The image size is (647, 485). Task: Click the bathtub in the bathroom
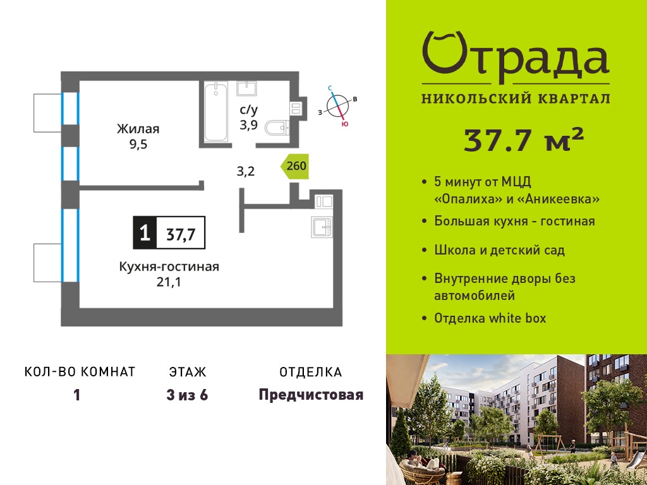[216, 111]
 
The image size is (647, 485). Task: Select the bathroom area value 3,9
[249, 124]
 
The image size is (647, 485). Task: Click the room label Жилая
[138, 129]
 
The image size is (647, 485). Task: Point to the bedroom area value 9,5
[138, 145]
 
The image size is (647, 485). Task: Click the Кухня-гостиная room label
[169, 266]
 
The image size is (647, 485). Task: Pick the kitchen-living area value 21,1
[169, 282]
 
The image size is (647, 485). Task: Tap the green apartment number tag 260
[295, 166]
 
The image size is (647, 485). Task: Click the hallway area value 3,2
[246, 171]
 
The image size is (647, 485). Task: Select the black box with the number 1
[145, 232]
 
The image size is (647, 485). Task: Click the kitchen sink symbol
[322, 227]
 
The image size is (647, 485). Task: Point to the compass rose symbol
[338, 105]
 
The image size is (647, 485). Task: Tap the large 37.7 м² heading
[524, 140]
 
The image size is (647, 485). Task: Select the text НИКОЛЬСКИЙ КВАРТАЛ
[516, 99]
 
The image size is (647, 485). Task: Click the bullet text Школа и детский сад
[499, 250]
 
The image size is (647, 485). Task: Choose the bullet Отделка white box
[490, 318]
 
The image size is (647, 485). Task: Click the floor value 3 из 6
[187, 395]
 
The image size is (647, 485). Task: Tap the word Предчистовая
[311, 395]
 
